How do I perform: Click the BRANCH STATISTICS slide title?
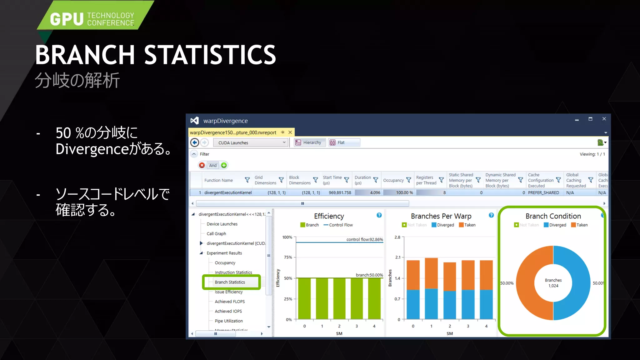click(155, 55)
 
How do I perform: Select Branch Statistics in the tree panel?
click(230, 282)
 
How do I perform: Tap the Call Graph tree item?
click(216, 234)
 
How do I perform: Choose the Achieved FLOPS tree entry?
click(230, 302)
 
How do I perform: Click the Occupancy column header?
click(393, 180)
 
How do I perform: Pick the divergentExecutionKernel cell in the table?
click(228, 192)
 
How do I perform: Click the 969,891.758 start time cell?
click(340, 192)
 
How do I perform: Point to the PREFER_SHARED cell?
click(543, 192)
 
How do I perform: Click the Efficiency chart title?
click(329, 216)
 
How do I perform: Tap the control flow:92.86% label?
click(364, 239)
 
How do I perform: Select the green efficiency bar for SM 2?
click(339, 298)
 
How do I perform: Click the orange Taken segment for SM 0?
click(413, 275)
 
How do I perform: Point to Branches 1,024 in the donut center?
click(553, 283)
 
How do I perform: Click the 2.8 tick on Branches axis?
click(397, 237)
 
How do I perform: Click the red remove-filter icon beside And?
click(202, 165)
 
